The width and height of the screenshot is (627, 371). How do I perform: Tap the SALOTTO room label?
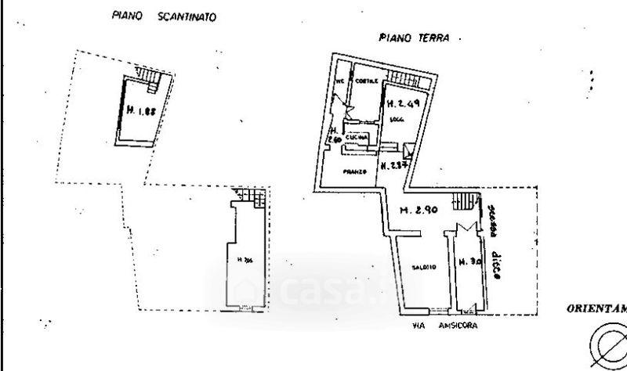pyautogui.click(x=423, y=268)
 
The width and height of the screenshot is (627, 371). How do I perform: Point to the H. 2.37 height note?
pyautogui.click(x=394, y=165)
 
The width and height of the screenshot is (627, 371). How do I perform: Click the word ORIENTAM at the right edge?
pyautogui.click(x=596, y=308)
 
